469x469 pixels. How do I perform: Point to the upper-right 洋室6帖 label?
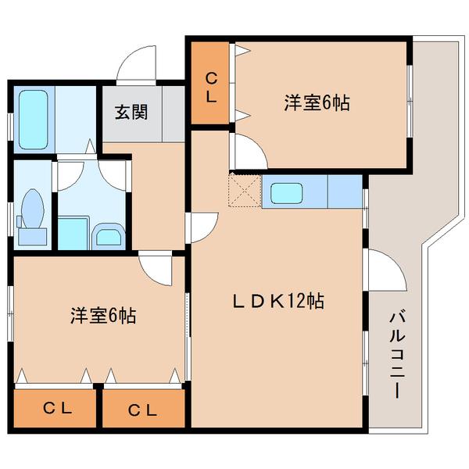316,102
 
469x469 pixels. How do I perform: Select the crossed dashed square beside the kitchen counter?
244,191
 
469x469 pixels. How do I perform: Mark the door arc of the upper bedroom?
245,150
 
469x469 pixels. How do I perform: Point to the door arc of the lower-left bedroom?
156,270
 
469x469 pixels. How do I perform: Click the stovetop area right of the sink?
343,192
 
